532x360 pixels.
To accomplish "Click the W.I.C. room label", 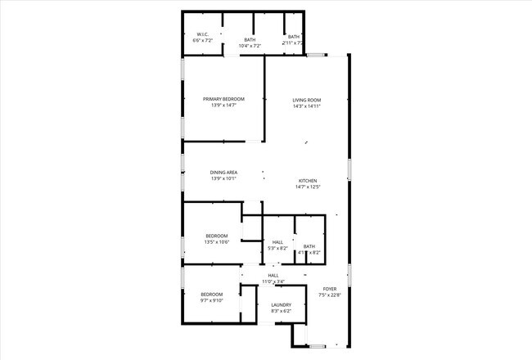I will tap(202, 34).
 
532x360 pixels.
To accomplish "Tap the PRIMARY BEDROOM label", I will tap(223, 99).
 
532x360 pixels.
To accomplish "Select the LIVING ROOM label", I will tap(307, 99).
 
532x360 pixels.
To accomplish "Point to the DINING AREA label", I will tap(223, 172).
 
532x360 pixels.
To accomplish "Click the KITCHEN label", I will tap(307, 181).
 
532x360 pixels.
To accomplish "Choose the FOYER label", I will tap(330, 289).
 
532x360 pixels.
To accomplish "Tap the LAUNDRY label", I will tap(281, 305).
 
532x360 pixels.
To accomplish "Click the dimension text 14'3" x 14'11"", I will tap(307, 106).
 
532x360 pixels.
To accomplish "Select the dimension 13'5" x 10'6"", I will tap(217, 242).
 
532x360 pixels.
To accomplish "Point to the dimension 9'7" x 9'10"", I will tap(212, 300).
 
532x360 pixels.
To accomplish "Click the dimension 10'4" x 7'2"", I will tap(250, 46).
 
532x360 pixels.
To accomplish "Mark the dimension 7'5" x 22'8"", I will tap(330, 295).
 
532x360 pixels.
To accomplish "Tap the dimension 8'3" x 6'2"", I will tap(281, 312).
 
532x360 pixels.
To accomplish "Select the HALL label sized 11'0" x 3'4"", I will tap(273, 276).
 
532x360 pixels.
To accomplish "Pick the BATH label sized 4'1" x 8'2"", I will tap(309, 246).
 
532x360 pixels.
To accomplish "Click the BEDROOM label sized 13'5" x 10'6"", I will tap(217, 236).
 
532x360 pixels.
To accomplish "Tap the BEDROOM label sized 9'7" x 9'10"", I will tap(212, 294).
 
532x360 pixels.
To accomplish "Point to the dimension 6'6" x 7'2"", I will tap(202, 40).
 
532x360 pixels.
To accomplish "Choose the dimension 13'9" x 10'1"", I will tap(223, 178).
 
